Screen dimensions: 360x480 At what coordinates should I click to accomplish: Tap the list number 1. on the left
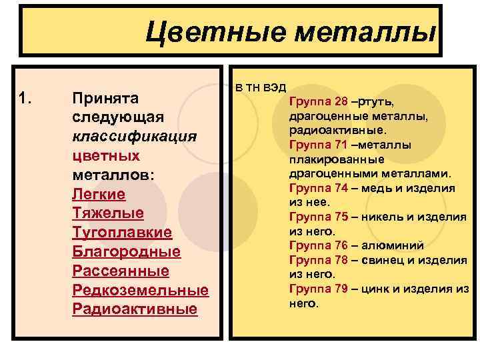pos(26,99)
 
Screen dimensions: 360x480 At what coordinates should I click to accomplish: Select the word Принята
pos(105,99)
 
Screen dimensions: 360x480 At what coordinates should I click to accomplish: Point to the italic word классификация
pos(134,137)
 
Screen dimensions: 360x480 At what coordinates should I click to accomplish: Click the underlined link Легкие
pos(99,194)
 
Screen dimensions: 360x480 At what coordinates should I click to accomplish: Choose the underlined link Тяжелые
pos(107,213)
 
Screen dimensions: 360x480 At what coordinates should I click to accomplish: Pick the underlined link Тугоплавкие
pos(121,233)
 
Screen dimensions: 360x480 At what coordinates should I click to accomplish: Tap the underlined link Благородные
pos(126,252)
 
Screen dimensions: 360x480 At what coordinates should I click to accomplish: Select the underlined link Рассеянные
pos(120,271)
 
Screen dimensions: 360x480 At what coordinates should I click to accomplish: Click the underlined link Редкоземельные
pos(140,290)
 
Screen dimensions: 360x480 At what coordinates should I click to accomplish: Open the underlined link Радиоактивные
pos(135,309)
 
